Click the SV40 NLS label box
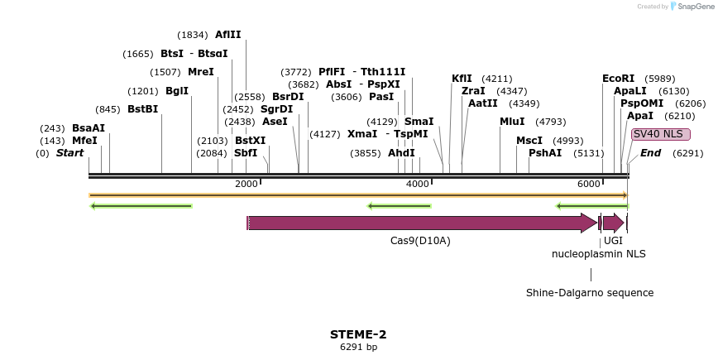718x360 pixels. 660,134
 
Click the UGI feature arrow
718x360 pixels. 612,223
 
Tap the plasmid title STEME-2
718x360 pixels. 358,334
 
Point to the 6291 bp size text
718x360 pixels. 358,347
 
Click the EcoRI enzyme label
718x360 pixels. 618,79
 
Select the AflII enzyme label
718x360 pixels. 227,35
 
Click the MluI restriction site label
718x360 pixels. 512,122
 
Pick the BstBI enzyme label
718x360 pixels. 142,109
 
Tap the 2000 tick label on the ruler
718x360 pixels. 246,184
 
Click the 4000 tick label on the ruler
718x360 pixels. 418,184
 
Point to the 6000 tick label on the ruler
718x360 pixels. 589,184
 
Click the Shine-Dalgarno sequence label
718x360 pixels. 590,293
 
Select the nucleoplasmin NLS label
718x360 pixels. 599,253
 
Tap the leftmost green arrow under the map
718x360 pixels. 141,206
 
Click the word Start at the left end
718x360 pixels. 69,153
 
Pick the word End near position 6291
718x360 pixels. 650,153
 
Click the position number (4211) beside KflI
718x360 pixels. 496,79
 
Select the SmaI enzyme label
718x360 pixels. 419,122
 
